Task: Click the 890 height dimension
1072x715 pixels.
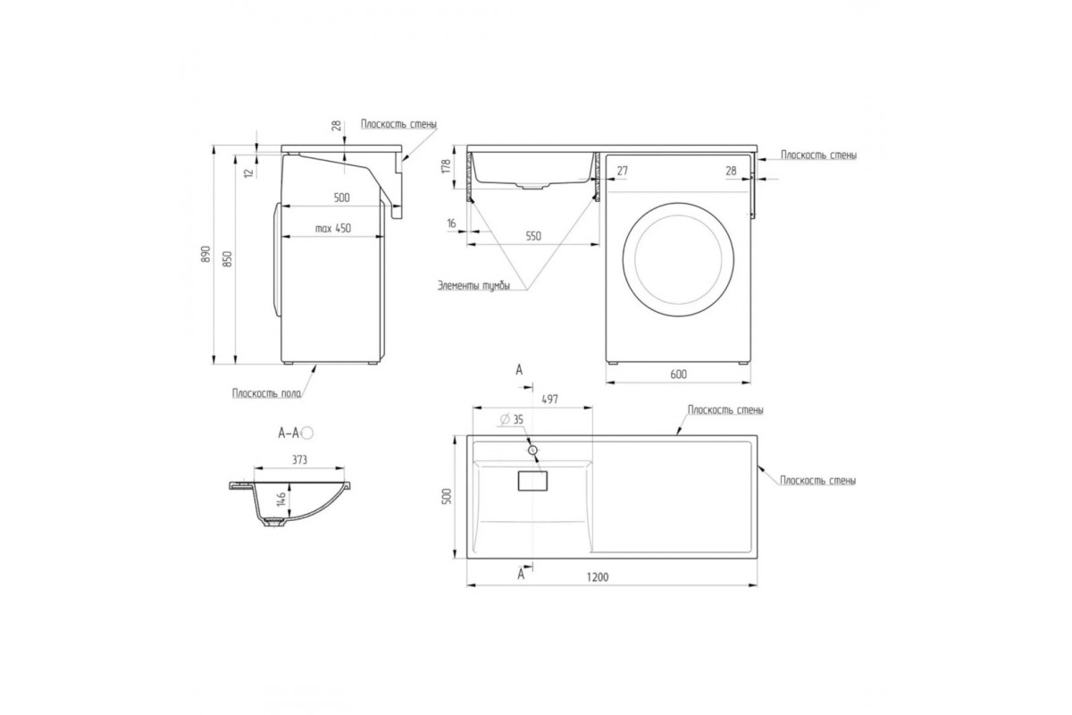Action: coord(205,254)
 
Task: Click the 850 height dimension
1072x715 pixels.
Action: coord(228,259)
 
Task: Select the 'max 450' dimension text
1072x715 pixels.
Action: coord(333,229)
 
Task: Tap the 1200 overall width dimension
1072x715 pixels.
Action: coord(598,577)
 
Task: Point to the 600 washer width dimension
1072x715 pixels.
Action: coord(679,374)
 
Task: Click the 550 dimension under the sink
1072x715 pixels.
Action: coord(533,236)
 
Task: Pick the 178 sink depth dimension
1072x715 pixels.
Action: coord(446,166)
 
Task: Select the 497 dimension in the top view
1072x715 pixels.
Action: coord(550,400)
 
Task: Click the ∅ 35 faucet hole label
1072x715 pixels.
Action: coord(512,419)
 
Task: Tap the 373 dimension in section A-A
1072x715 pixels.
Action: coord(299,459)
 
